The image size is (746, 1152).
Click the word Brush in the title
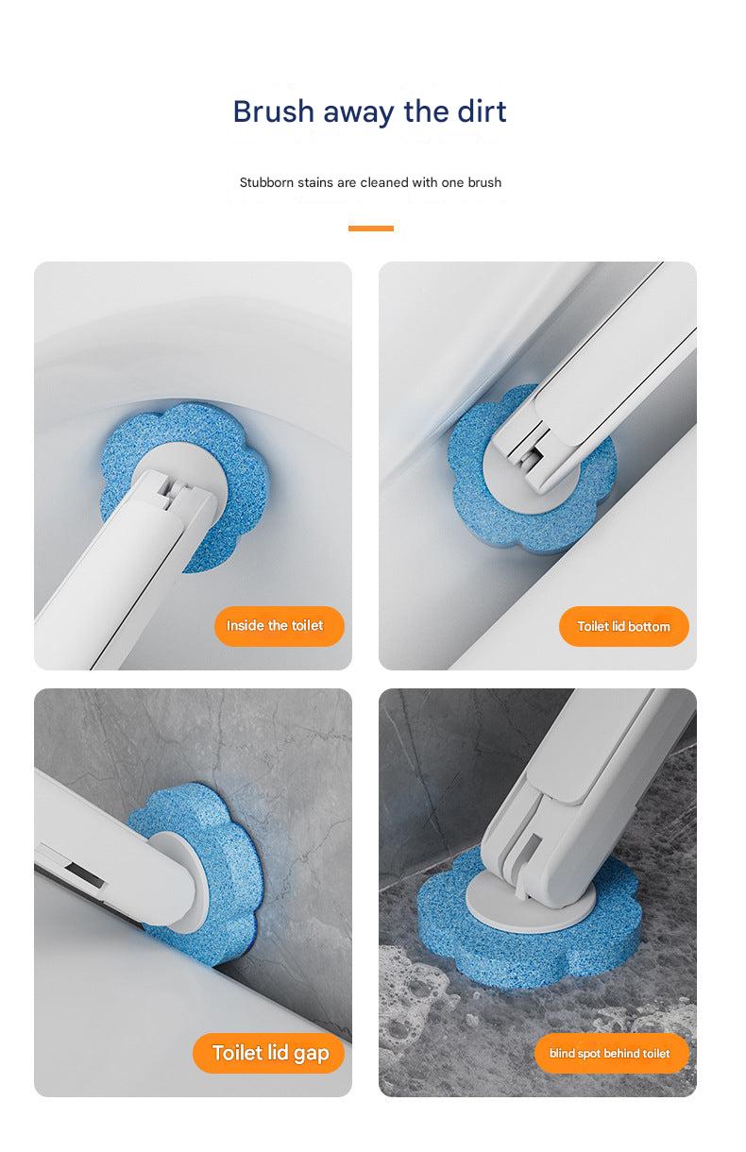(x=274, y=111)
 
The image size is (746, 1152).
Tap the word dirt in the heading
(x=478, y=111)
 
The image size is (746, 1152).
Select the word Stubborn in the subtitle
(x=267, y=182)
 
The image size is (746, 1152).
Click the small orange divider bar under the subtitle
(x=370, y=228)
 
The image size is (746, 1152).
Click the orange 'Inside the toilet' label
(x=275, y=626)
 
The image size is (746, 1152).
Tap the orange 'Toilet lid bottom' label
(x=623, y=626)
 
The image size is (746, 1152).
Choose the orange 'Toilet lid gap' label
(x=269, y=1053)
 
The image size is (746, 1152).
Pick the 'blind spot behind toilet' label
(x=610, y=1053)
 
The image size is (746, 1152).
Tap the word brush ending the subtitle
(x=484, y=182)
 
